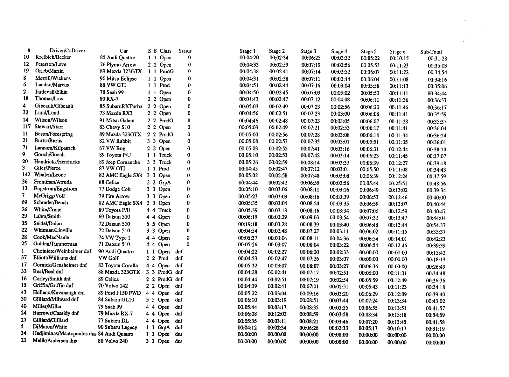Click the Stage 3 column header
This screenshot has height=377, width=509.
point(308,51)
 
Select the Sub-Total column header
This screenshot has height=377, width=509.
point(431,52)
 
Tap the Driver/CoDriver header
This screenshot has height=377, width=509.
point(67,50)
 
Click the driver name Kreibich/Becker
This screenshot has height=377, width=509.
point(53,57)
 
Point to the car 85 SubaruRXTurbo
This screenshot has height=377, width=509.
point(121,106)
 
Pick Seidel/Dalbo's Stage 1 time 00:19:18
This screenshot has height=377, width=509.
point(248,224)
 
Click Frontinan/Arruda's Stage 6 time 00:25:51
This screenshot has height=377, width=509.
point(398,183)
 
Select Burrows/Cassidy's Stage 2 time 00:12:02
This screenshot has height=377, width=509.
point(277,314)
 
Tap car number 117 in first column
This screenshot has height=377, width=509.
point(26,127)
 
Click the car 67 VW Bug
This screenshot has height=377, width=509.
point(112,148)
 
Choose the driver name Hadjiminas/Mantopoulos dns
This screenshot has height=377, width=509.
point(65,334)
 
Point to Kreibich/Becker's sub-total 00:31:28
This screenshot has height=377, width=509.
point(437,58)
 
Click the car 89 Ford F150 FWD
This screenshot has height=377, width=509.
point(119,293)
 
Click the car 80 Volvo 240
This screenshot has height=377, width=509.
point(113,341)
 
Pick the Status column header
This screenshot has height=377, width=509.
point(185,51)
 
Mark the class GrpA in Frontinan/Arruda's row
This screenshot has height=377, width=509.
point(165,182)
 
